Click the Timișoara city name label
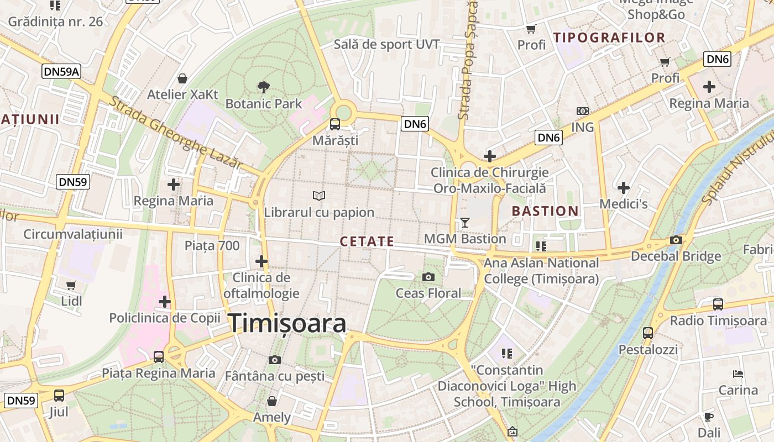pos(287,323)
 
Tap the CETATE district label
pos(367,241)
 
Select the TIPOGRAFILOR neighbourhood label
pos(609,38)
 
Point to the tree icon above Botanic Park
pos(264,86)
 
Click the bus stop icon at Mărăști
pos(335,124)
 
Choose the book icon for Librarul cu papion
pos(319,196)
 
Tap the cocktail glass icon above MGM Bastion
pos(464,222)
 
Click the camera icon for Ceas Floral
pos(428,277)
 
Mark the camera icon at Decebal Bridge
pos(676,240)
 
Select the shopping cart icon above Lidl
pos(71,285)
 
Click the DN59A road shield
pos(61,71)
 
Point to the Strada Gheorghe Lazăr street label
pos(176,133)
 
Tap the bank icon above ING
pos(582,111)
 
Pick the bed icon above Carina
pos(738,374)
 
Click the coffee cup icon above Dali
pos(709,417)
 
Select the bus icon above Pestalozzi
pos(648,333)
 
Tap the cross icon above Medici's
pos(624,188)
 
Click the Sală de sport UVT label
pos(386,44)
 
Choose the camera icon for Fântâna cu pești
pos(274,360)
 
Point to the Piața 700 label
pos(212,245)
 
